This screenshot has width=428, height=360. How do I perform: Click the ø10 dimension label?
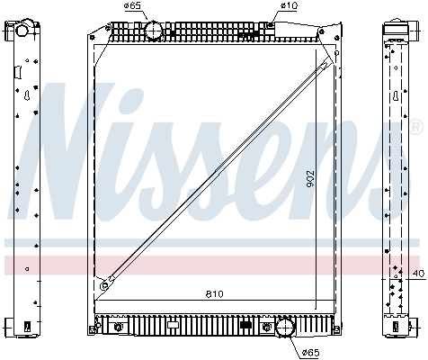(288, 7)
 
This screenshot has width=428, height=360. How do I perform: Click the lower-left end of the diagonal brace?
(104, 285)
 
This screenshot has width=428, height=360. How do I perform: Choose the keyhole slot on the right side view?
(397, 94)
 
